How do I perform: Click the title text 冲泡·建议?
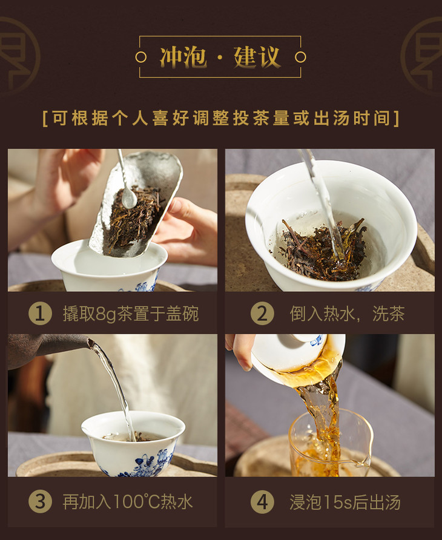pos(220,57)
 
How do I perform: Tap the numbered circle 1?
pos(40,314)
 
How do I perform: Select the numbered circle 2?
pos(262,314)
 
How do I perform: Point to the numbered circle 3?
pos(40,501)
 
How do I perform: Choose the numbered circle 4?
pos(262,501)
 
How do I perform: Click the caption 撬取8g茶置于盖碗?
pos(131,314)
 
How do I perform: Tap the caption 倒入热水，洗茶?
pos(347,314)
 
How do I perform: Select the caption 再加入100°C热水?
pos(128,502)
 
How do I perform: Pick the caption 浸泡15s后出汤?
pos(345,502)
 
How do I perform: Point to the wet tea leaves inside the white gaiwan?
pos(322,249)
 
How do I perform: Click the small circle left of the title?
pos(141,57)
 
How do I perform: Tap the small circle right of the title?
pos(300,57)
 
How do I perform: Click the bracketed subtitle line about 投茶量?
pos(221,118)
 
